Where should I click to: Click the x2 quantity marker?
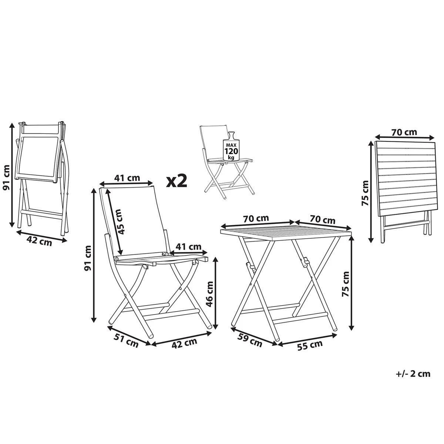click(x=176, y=181)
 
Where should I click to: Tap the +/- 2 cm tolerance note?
click(x=413, y=374)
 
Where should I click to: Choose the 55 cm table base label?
click(x=310, y=345)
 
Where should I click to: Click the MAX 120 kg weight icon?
click(x=231, y=147)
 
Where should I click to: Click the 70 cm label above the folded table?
click(x=404, y=132)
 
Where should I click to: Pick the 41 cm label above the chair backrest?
click(x=127, y=178)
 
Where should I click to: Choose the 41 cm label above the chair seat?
click(x=188, y=247)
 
